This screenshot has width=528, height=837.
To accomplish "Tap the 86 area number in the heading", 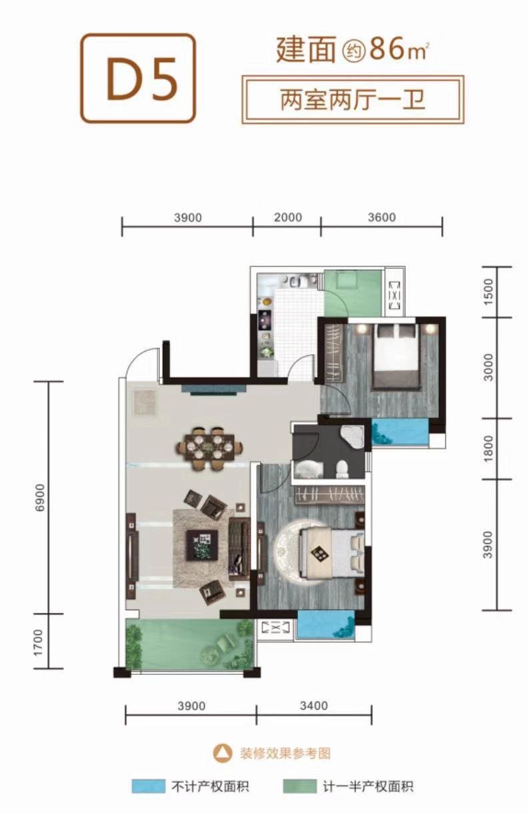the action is [x=387, y=49].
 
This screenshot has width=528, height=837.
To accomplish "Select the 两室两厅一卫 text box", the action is [x=353, y=99].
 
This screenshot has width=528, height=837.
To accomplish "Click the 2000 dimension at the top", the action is [x=288, y=217].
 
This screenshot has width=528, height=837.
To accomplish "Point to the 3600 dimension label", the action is [x=381, y=217].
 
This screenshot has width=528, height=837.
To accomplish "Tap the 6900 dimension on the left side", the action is [x=39, y=498].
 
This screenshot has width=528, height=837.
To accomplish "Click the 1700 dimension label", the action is [x=39, y=642].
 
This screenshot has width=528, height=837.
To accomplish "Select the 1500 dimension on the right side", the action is [x=488, y=292].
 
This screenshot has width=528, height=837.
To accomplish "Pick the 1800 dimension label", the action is [x=488, y=448].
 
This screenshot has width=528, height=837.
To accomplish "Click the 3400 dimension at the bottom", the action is [x=313, y=706].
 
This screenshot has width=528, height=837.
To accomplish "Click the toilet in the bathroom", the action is [x=342, y=470].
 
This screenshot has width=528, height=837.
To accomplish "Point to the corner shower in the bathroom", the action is [x=352, y=436].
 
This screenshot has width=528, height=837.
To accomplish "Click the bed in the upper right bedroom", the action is [x=397, y=356].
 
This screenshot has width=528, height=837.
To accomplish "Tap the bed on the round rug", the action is [x=331, y=554].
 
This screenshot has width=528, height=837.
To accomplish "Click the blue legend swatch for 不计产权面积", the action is [x=148, y=786].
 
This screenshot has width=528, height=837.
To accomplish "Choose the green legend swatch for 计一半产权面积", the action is [x=299, y=786].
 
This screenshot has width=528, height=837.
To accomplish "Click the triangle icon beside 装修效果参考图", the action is [x=222, y=753].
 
